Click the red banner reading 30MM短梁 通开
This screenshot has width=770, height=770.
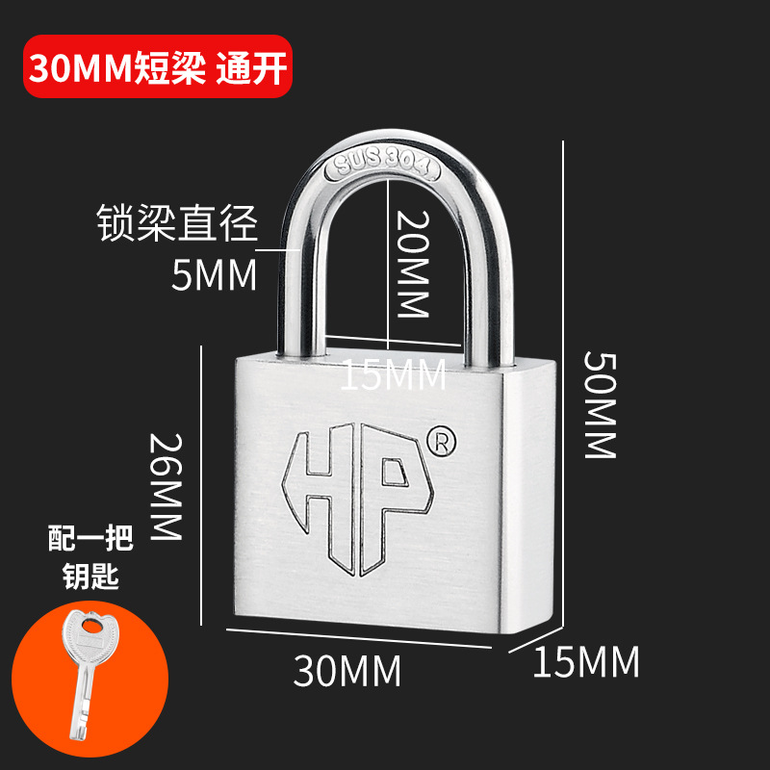pos(157,67)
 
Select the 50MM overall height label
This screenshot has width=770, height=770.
pos(599,403)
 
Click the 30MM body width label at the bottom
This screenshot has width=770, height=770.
pos(346,671)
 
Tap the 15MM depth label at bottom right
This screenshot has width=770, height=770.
pos(586,661)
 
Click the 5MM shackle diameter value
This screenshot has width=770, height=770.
pos(214,276)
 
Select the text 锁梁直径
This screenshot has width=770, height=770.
pos(178,224)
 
